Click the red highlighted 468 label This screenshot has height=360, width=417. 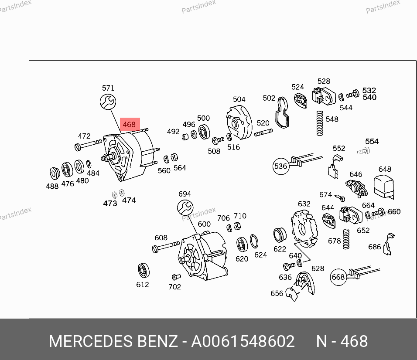pos(130,124)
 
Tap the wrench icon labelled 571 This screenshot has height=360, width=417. pos(108,102)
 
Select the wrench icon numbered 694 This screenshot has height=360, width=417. pos(185,207)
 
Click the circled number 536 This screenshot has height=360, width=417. pos(281,166)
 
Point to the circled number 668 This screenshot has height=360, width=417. pos(338,277)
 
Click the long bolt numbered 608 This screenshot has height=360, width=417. pos(166,247)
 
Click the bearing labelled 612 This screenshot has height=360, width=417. pos(143,270)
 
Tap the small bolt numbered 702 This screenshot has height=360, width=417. pos(175,277)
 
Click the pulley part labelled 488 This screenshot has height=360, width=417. pos(55,173)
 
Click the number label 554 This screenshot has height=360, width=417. pos(372,142)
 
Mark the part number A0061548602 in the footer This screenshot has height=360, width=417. pos(243,341)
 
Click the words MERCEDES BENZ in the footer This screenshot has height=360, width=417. pos(113,341)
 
